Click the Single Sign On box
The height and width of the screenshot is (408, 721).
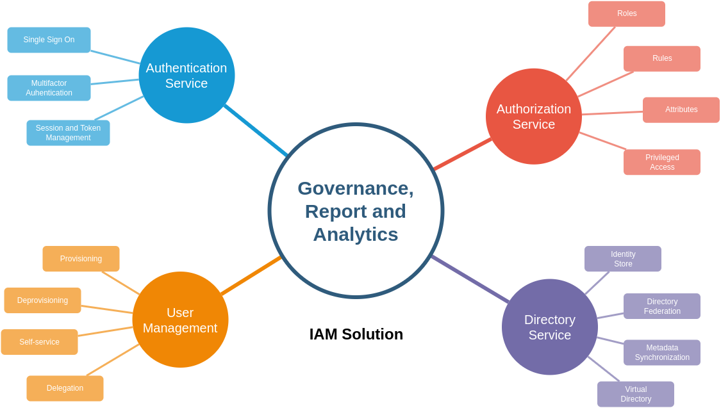coord(49,40)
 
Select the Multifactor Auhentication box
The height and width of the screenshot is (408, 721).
coord(49,88)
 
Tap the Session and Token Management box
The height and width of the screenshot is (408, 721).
coord(68,133)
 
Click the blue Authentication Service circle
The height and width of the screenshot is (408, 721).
coord(186,76)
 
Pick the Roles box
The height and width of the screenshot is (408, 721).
coord(627,14)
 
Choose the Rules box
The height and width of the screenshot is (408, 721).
coord(662,59)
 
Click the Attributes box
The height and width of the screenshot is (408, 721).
coord(681,110)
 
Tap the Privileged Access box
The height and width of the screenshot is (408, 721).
coord(662,162)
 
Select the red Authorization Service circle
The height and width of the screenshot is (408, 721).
coord(534,116)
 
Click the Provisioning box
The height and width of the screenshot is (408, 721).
coord(81,259)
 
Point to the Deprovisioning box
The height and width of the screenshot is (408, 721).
coord(43,300)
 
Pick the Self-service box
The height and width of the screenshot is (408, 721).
coord(40,342)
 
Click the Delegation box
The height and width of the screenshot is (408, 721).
coord(65,388)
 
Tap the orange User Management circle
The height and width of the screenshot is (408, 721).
coord(180,320)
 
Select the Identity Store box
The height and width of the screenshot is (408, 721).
coord(623,259)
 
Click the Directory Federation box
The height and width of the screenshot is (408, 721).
coord(662,306)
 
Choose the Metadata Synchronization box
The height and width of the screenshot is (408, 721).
coord(662,352)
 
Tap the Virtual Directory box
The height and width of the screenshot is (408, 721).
coord(636,394)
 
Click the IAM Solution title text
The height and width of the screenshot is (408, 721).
coord(356,334)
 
